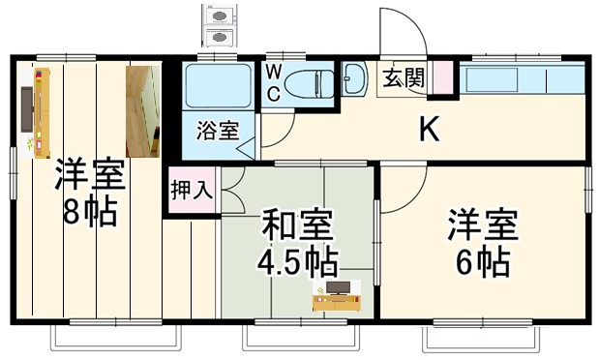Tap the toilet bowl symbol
pyautogui.click(x=311, y=82)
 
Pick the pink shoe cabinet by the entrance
pyautogui.click(x=443, y=77)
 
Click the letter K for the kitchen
pyautogui.click(x=427, y=130)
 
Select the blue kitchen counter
pyautogui.click(x=523, y=77)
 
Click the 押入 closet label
pyautogui.click(x=191, y=189)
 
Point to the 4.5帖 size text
pyautogui.click(x=296, y=260)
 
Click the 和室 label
pyautogui.click(x=298, y=226)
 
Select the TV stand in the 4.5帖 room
pyautogui.click(x=338, y=298)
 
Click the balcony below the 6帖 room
pyautogui.click(x=481, y=340)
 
